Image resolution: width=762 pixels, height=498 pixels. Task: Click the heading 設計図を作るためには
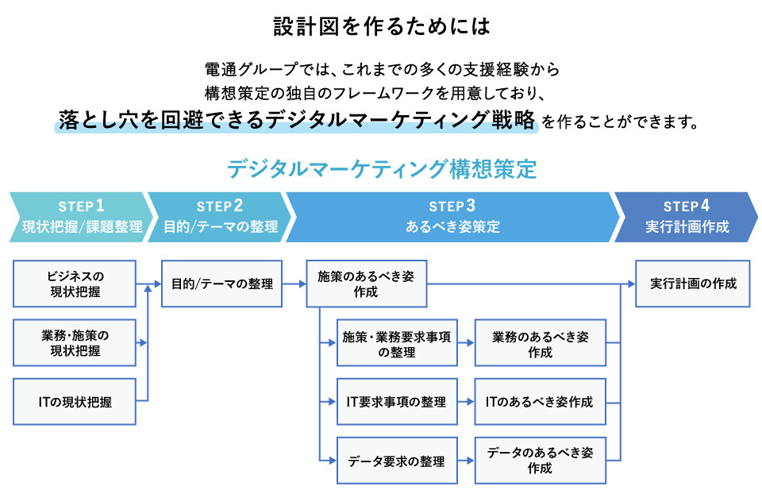(x=381, y=26)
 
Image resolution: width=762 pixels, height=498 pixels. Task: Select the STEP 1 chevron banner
(x=77, y=216)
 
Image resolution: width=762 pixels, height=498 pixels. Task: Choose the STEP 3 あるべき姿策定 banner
(x=452, y=216)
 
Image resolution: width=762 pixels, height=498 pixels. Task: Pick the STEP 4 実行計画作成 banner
(x=684, y=216)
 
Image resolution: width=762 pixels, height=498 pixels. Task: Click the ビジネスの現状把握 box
(x=75, y=284)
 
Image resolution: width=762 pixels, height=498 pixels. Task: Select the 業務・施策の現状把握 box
(x=75, y=342)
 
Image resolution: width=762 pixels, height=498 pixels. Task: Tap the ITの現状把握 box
(x=75, y=402)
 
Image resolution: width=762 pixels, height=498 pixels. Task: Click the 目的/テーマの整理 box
(x=222, y=284)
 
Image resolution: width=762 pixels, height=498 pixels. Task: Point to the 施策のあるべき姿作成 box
(x=366, y=284)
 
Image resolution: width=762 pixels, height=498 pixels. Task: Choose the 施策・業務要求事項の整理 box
(x=397, y=343)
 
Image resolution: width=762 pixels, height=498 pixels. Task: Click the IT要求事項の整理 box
(x=397, y=402)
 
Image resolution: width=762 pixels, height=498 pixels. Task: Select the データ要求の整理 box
(x=397, y=461)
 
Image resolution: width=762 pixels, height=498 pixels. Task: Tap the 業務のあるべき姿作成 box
(x=540, y=343)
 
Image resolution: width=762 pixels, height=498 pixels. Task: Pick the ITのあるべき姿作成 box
(x=540, y=402)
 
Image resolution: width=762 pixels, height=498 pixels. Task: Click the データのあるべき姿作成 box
(x=540, y=461)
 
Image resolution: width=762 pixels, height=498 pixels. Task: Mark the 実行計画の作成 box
(x=693, y=284)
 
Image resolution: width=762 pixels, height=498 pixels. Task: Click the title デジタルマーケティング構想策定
(x=382, y=169)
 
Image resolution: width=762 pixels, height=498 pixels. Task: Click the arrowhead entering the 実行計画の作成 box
(x=630, y=284)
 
